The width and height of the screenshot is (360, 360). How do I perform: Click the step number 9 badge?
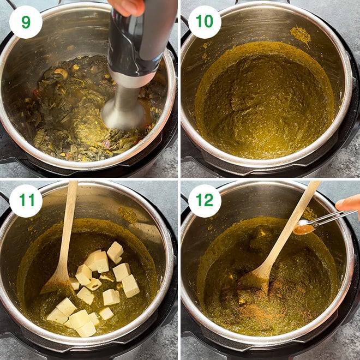pos(26,22)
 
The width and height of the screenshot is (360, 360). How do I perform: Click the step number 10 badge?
pos(205,22)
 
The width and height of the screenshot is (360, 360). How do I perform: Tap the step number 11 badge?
pos(26,201)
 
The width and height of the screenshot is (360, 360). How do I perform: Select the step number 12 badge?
pos(205,201)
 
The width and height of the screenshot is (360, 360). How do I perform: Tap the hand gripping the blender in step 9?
pos(127,7)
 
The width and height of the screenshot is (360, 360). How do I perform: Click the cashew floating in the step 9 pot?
pos(62,73)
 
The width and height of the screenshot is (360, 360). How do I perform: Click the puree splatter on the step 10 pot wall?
pos(301,34)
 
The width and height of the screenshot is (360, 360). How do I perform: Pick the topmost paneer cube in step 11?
pos(115,251)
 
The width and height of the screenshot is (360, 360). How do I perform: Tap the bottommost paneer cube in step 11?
pos(86,329)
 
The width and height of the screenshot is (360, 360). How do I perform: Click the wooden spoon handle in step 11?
pos(70,218)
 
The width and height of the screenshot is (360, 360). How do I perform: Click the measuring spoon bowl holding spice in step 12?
pos(304,229)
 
